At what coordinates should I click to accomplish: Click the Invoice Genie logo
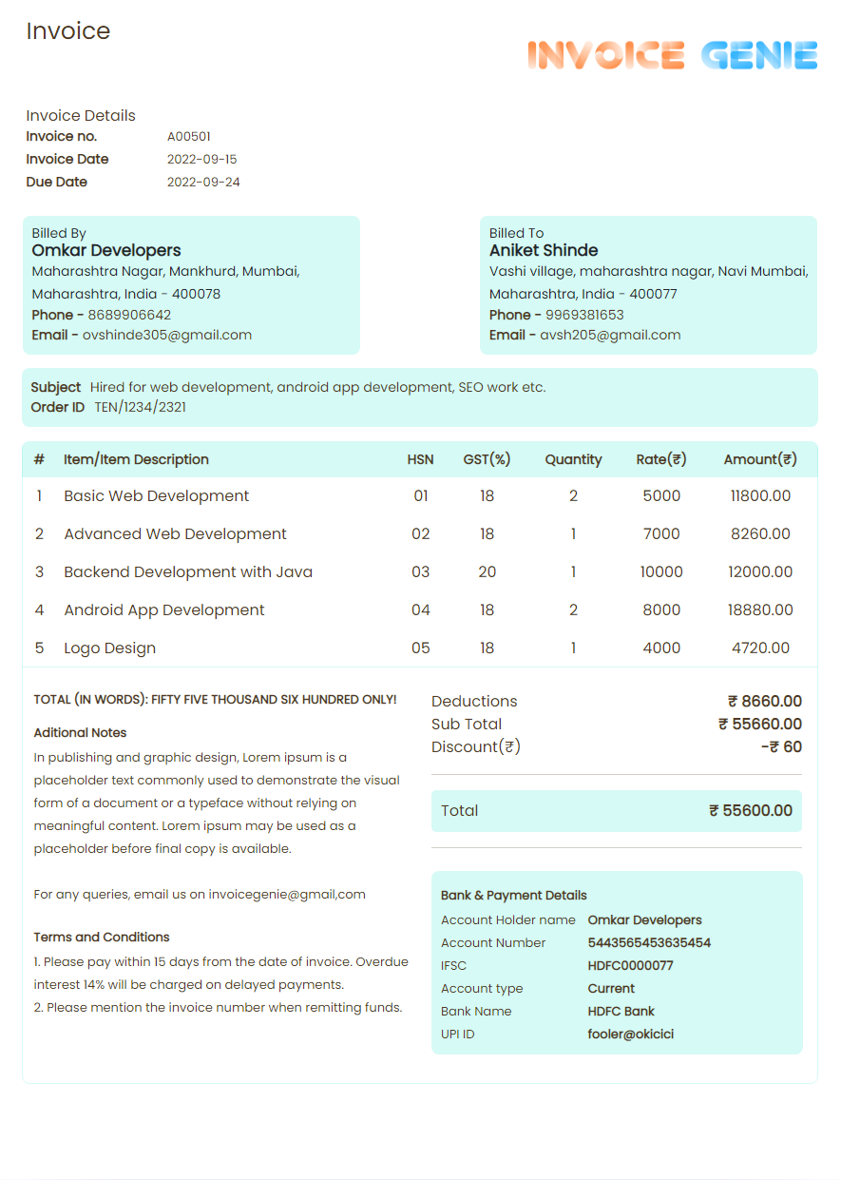pos(672,55)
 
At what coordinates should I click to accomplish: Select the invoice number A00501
pos(189,137)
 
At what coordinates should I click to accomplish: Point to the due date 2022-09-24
pos(203,183)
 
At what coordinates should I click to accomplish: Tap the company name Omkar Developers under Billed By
pos(106,251)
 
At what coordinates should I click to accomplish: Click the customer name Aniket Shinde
pos(544,251)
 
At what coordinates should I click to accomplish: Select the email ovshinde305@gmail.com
pos(167,335)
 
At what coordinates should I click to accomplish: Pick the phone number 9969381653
pos(584,315)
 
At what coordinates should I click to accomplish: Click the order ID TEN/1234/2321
pos(141,407)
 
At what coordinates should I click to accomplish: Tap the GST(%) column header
pos(487,459)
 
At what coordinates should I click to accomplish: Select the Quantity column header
pos(573,459)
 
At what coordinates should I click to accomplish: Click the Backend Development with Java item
pos(188,572)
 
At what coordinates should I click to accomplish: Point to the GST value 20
pos(487,572)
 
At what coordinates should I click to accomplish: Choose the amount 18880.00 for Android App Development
pos(760,610)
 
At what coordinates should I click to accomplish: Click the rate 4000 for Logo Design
pos(661,648)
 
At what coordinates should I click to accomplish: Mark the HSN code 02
pos(420,534)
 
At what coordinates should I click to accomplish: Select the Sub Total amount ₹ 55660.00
pos(760,725)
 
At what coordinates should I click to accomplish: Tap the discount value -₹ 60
pos(781,747)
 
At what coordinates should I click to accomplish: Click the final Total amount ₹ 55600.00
pos(751,811)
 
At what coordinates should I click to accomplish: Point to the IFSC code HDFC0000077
pos(630,966)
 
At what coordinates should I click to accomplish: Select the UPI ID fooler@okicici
pos(630,1035)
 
